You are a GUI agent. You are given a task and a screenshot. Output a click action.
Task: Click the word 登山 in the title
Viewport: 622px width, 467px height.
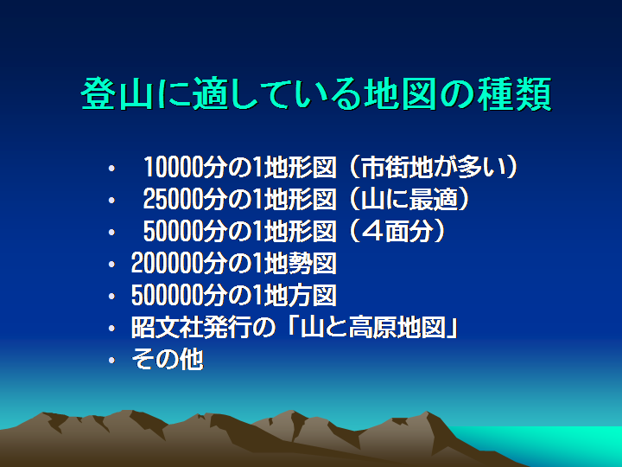pyautogui.click(x=117, y=93)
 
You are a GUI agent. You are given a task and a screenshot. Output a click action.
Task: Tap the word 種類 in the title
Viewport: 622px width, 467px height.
pyautogui.click(x=515, y=94)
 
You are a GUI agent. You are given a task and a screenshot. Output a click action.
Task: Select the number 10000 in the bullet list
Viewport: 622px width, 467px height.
pyautogui.click(x=173, y=167)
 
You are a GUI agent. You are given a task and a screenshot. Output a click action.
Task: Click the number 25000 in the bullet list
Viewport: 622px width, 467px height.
pyautogui.click(x=173, y=199)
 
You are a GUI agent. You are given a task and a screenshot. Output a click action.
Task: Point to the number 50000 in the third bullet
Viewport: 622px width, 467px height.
pyautogui.click(x=173, y=231)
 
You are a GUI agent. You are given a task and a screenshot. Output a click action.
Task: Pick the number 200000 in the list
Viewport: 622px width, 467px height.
pyautogui.click(x=167, y=263)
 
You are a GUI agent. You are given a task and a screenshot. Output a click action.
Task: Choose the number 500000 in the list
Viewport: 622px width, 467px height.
pyautogui.click(x=167, y=296)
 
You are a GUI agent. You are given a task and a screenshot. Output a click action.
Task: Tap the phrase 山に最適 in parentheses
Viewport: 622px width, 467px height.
pyautogui.click(x=409, y=199)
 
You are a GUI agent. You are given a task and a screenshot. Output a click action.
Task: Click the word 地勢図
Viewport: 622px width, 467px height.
pyautogui.click(x=301, y=263)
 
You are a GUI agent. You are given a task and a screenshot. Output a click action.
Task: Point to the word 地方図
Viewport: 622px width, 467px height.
pyautogui.click(x=301, y=296)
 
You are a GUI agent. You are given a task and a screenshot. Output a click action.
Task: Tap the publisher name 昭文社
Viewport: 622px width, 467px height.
pyautogui.click(x=167, y=328)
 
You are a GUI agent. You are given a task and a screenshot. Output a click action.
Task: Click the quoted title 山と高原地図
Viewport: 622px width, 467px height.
pyautogui.click(x=373, y=328)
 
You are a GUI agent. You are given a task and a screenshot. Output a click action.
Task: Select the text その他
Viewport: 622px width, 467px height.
pyautogui.click(x=167, y=360)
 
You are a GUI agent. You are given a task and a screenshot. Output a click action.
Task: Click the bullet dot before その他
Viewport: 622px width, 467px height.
pyautogui.click(x=111, y=360)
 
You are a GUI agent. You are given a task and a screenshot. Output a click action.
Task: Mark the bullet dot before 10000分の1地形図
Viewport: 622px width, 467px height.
pyautogui.click(x=111, y=168)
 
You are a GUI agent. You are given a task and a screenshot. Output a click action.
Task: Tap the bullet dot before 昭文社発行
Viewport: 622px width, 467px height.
pyautogui.click(x=111, y=328)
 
